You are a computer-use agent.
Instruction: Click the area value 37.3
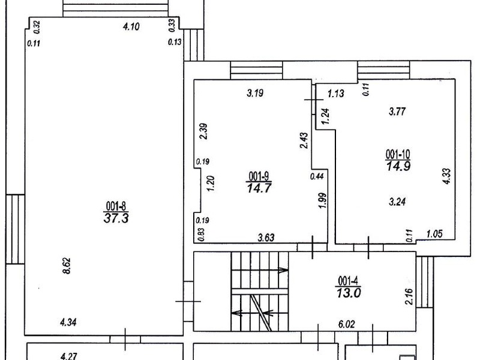point(116,218)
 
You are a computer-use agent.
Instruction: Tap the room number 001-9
point(259,176)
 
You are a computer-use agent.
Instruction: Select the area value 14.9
point(398,166)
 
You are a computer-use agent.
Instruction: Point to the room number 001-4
point(349,280)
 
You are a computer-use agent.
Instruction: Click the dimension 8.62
point(67,266)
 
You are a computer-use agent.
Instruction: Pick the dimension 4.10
point(131,26)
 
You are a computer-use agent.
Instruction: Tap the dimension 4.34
point(68,322)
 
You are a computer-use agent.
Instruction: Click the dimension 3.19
point(255,93)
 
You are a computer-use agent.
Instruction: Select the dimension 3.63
point(266,237)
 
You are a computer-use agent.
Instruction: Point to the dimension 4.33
point(447,176)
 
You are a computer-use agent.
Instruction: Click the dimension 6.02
point(346,324)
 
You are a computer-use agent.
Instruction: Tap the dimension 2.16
point(409,296)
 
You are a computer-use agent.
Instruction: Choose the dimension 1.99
point(323,200)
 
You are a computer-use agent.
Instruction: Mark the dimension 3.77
point(397,111)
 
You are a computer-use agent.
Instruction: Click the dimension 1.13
point(336,93)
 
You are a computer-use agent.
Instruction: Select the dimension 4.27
point(69,356)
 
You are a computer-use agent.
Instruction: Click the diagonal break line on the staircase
point(261,313)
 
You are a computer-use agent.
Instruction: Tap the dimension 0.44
point(317,176)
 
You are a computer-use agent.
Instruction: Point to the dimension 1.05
point(434,234)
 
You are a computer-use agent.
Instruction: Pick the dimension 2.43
point(304,140)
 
